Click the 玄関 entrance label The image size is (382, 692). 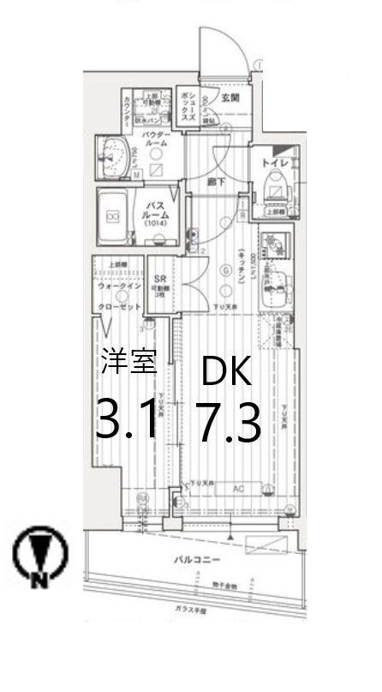(230, 98)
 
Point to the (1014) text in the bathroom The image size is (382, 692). (155, 224)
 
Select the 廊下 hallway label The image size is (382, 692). (216, 182)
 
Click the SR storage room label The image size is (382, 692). (159, 279)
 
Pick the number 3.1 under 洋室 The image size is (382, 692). (127, 420)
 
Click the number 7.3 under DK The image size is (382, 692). (229, 423)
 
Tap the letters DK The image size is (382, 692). (226, 371)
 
